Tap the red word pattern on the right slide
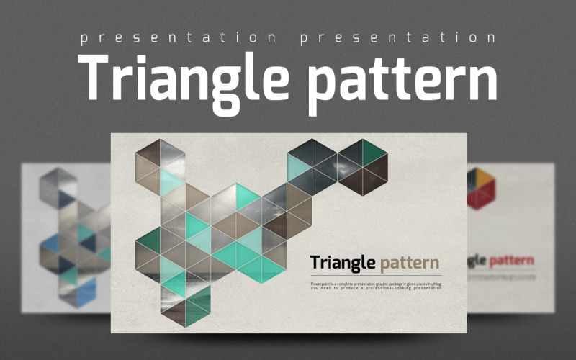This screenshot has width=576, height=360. pyautogui.click(x=512, y=260)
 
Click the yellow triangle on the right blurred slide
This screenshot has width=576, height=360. pyautogui.click(x=484, y=176)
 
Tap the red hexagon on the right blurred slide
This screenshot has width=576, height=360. pyautogui.click(x=480, y=189)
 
